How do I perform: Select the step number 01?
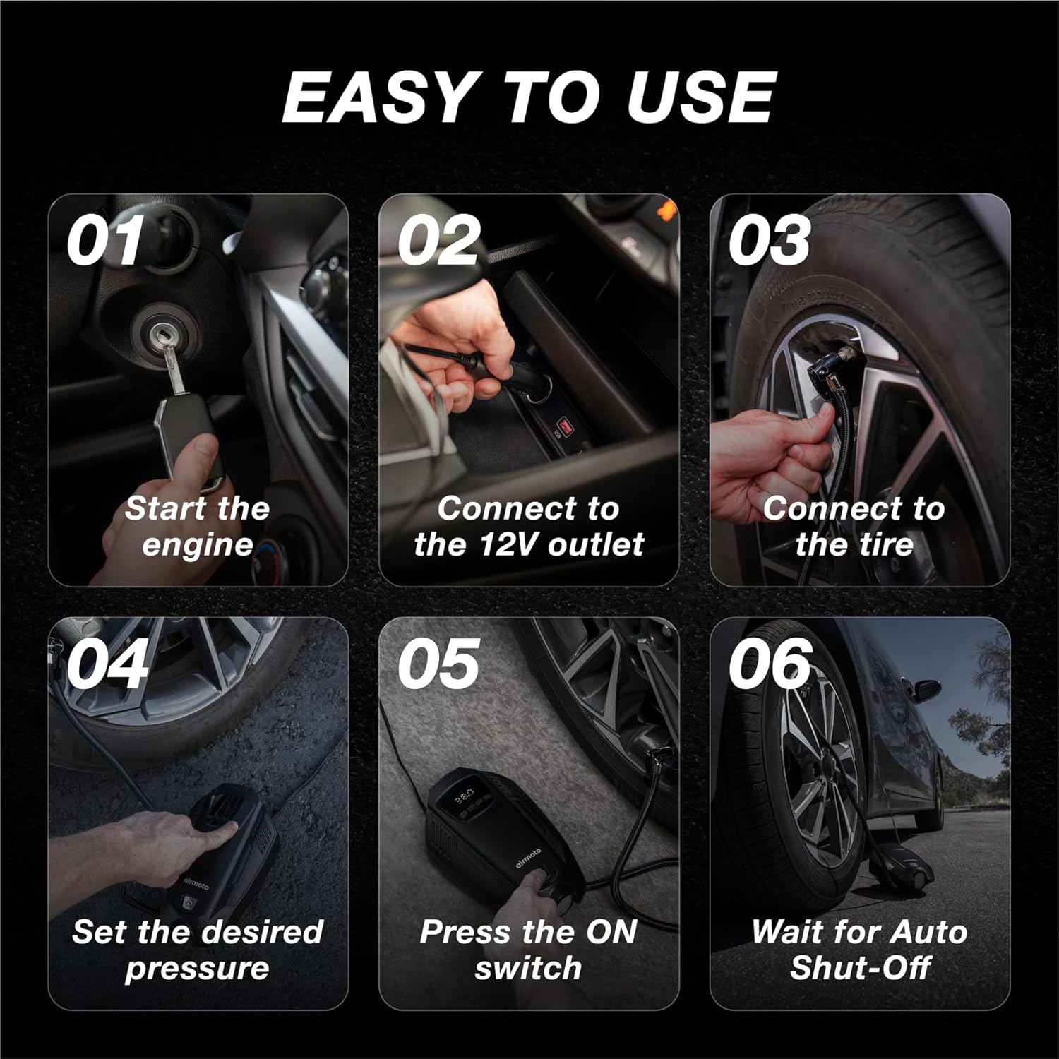(105, 241)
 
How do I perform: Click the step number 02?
(439, 241)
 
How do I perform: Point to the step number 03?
(770, 241)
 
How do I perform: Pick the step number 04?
(108, 664)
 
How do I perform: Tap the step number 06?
(770, 664)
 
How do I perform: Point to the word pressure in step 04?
(197, 969)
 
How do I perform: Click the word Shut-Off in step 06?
(860, 967)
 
